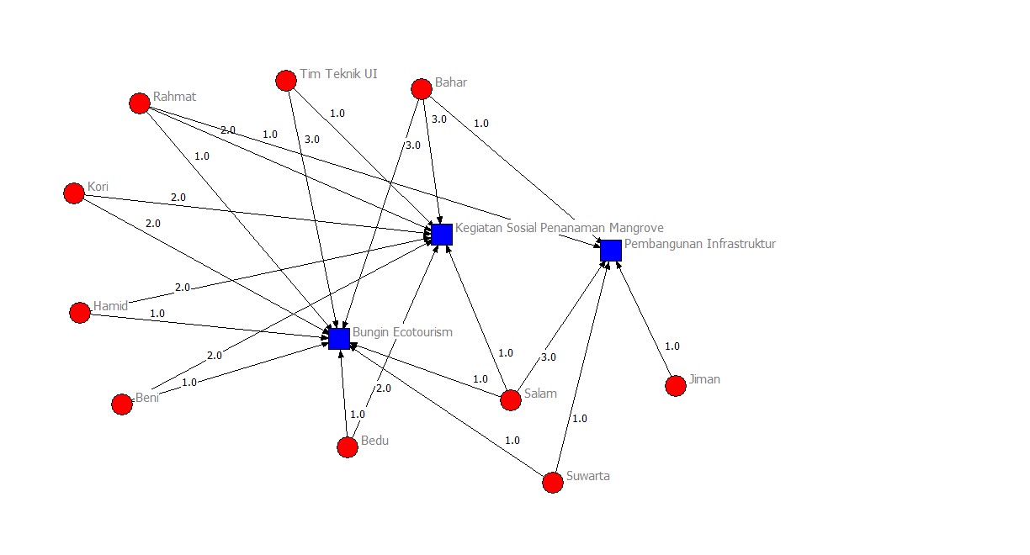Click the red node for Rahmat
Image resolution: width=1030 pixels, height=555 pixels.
tap(140, 103)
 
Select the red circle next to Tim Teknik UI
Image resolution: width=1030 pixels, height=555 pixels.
tap(286, 81)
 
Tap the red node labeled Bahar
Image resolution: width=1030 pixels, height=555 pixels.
tap(422, 89)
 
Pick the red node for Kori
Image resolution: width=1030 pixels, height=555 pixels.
tap(74, 193)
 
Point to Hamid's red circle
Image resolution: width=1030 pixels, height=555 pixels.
tap(80, 313)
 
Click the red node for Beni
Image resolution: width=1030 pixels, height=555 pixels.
tap(122, 404)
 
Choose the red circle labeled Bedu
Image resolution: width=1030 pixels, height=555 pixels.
tap(348, 447)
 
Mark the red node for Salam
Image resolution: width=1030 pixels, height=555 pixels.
tap(511, 400)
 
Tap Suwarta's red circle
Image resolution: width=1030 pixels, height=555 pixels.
tap(553, 483)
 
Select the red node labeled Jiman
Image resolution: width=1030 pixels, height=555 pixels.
tap(676, 386)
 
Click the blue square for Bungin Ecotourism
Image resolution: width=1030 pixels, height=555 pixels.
tap(339, 339)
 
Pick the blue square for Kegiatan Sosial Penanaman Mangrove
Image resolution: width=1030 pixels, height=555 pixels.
tap(442, 235)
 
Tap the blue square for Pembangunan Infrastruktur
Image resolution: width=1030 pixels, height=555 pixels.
tap(611, 251)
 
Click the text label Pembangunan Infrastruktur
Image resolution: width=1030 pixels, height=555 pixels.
tap(700, 244)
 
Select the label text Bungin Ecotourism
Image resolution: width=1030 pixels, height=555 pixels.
tap(402, 332)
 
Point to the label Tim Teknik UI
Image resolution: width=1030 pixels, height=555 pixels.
tap(338, 74)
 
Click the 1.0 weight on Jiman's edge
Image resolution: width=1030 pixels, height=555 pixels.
tap(672, 346)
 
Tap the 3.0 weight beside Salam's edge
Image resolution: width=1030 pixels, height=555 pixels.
tap(549, 357)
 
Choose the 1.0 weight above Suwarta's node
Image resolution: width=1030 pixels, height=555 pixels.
tap(580, 419)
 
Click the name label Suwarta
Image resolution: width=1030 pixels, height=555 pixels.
tap(588, 476)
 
